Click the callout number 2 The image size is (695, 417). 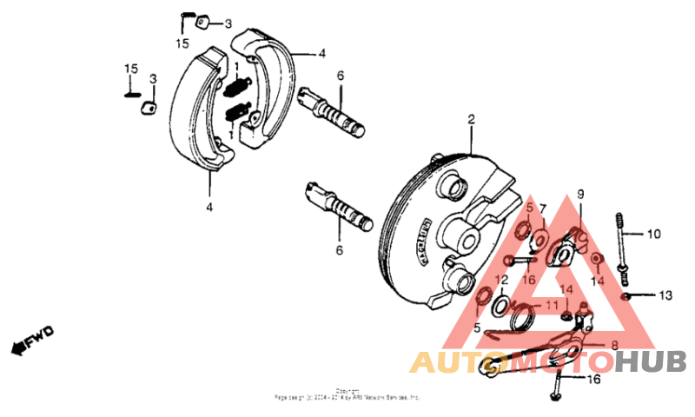coord(472,120)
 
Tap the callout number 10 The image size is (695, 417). coord(654,234)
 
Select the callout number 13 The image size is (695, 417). coord(665,296)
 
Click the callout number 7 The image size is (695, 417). coord(544,209)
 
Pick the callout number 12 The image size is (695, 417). coord(501,280)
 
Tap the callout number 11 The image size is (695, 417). coord(552,306)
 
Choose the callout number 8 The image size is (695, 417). coord(614,346)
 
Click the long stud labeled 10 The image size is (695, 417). coord(622,244)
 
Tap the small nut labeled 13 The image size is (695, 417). coord(626,296)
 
